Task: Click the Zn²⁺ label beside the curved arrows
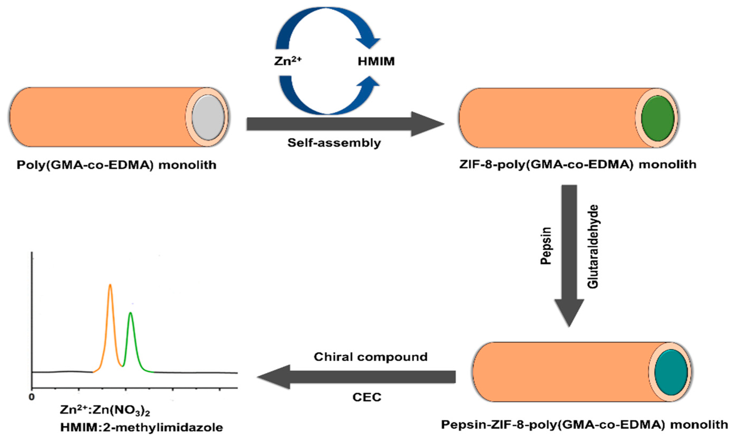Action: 288,61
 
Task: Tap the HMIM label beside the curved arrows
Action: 376,61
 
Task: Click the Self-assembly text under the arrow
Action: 334,143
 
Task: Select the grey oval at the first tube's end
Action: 208,117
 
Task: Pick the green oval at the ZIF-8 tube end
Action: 657,118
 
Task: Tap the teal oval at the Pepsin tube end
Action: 671,372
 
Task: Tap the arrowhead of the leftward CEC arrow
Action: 275,377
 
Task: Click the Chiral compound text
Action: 371,357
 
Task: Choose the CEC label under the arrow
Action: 367,397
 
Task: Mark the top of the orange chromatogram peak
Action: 110,285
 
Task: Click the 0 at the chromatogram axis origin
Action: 32,397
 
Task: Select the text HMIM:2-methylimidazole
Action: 142,427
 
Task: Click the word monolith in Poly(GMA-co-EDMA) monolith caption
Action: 187,165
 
